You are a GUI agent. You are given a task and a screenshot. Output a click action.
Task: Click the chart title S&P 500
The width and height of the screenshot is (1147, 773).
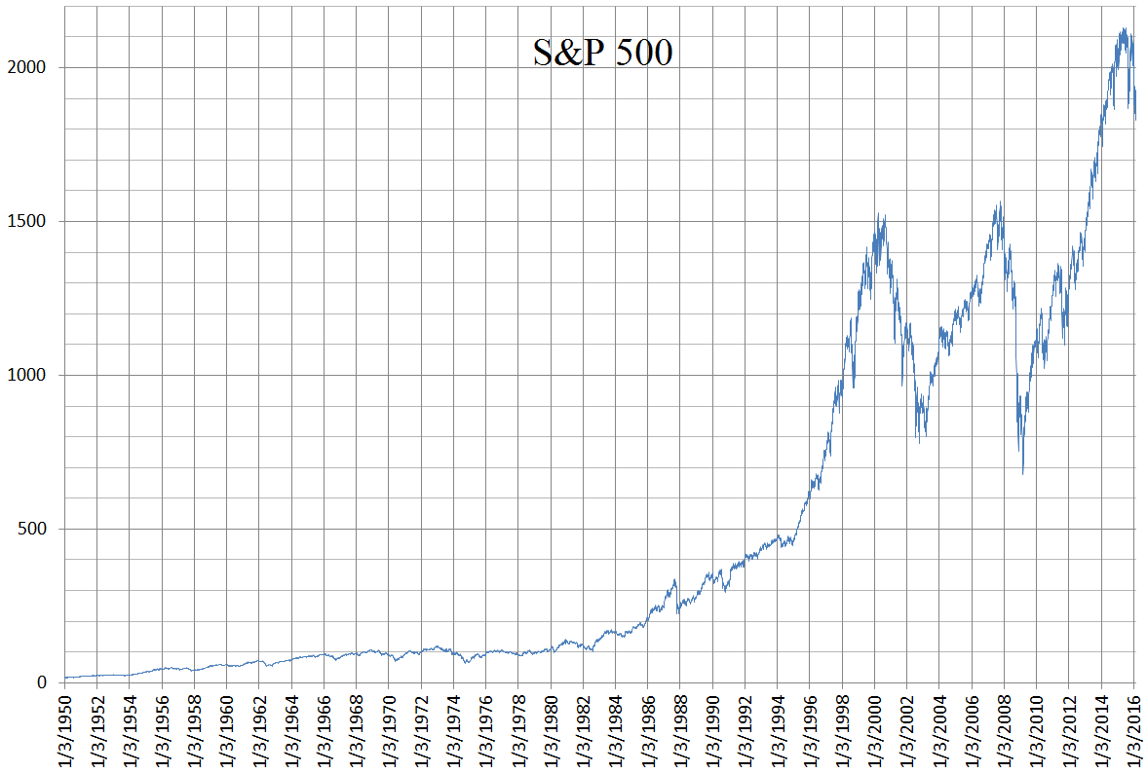602,54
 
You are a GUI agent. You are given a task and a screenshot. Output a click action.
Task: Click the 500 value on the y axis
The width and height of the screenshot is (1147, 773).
32,529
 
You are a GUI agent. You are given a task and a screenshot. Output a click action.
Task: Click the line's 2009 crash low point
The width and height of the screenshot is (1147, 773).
1022,474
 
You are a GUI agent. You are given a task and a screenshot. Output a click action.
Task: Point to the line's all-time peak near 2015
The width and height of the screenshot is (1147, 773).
1125,28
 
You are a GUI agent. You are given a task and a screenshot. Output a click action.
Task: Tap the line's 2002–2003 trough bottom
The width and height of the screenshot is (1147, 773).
919,443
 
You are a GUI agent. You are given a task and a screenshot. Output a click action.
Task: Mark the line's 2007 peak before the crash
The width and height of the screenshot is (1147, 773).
1000,202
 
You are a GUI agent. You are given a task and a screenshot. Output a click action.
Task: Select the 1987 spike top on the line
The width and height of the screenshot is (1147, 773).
674,580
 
